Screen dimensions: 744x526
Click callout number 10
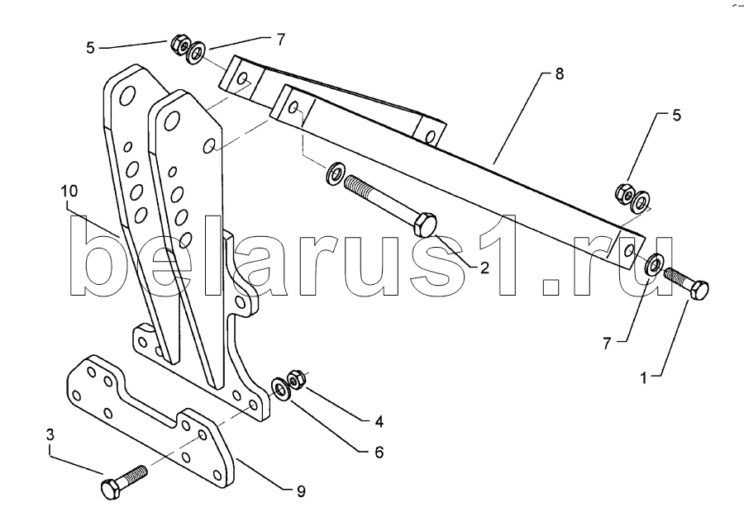pos(69,192)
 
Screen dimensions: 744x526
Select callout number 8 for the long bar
pos(560,74)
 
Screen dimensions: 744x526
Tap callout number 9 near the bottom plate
pos(301,491)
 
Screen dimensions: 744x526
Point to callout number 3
pos(50,435)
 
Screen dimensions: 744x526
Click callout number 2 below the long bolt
pos(484,268)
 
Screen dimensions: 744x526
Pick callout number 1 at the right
pos(644,378)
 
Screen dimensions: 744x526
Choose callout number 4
pos(379,421)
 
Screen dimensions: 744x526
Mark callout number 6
pos(379,453)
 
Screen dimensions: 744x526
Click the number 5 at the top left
pos(91,48)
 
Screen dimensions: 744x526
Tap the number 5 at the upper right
pos(676,115)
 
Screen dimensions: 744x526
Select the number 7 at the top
pos(281,40)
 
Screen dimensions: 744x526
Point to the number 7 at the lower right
pos(607,344)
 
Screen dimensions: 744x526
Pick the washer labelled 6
pos(280,390)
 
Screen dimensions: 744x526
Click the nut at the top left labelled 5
pos(179,43)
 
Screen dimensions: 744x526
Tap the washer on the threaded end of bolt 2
pos(336,173)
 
